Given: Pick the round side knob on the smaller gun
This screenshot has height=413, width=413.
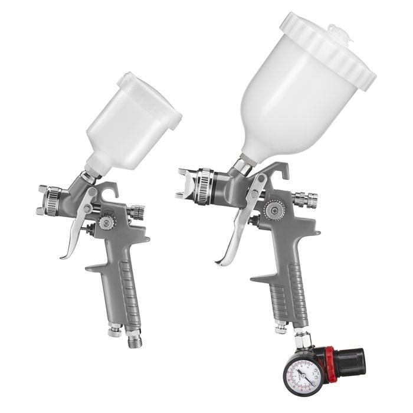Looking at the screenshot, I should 107,222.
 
